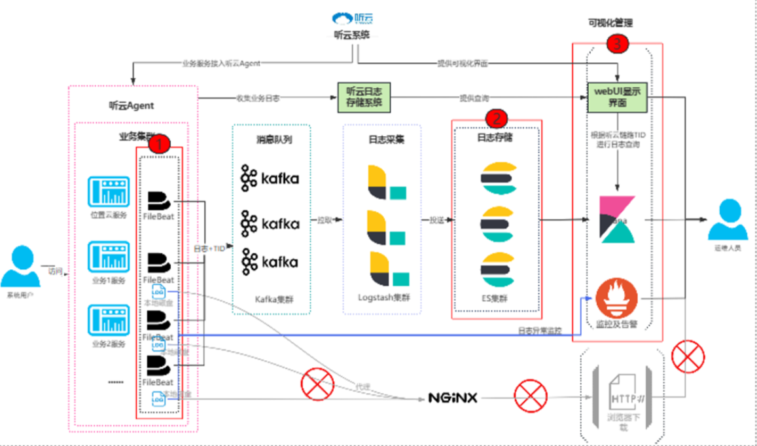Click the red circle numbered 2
tap(497, 119)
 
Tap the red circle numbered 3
tap(618, 45)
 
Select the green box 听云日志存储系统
tap(364, 97)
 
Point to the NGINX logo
tap(453, 398)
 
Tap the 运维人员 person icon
tap(728, 220)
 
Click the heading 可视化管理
tap(610, 23)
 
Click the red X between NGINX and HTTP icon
tap(531, 396)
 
